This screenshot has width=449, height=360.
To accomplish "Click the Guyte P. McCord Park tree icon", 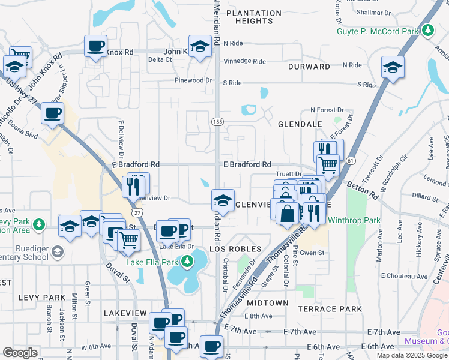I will (427, 29).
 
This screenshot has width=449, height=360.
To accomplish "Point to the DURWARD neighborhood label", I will (309, 67).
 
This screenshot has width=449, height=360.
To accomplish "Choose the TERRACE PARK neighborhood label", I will (330, 309).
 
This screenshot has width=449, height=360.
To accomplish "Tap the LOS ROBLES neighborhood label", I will (235, 248).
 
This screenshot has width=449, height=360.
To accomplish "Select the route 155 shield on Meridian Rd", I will (217, 121).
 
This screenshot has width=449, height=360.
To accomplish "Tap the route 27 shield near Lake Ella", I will (139, 213).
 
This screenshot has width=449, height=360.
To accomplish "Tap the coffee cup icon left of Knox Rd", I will (95, 46).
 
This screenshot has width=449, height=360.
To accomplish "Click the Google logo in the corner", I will (20, 353).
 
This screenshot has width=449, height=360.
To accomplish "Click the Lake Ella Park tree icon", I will (188, 262).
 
